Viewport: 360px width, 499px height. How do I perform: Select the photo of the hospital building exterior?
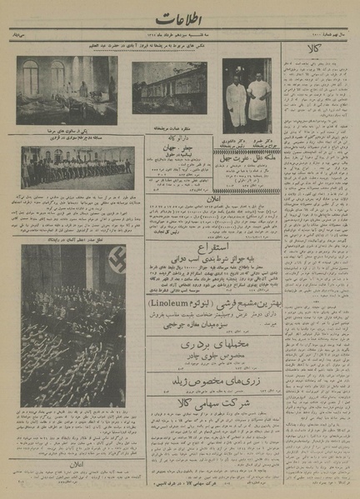click(x=169, y=88)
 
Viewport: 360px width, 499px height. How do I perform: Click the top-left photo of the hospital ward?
click(x=67, y=90)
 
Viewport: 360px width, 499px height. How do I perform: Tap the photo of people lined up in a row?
click(x=77, y=167)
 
